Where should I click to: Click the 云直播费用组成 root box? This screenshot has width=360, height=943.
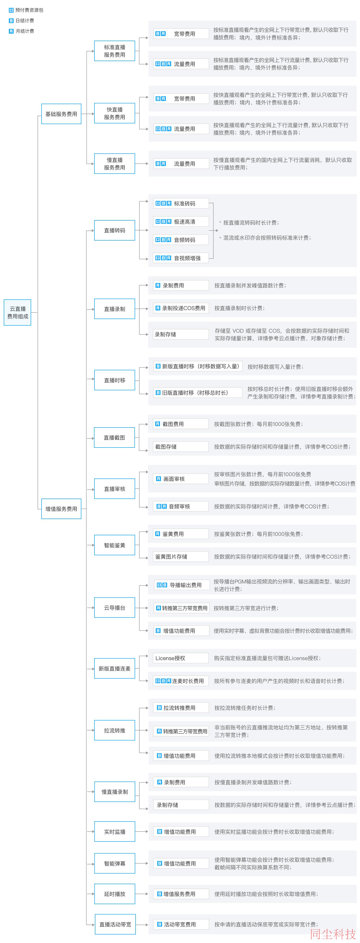pos(18,312)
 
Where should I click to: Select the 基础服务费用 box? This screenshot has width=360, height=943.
pos(61,114)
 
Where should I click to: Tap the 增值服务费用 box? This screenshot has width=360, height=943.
pos(61,508)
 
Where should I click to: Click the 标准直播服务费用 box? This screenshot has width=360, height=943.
pos(115,51)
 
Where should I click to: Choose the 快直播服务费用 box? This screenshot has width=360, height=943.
pos(115,113)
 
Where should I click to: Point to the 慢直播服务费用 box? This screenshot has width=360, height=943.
pos(115,164)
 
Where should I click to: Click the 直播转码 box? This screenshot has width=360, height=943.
pos(115,230)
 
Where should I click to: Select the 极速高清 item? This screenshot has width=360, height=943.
pos(181,221)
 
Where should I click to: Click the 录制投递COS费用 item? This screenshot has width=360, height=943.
pos(181,308)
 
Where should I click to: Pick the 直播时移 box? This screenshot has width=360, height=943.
pos(115,380)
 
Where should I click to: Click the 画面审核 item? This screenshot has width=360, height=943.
pos(181,478)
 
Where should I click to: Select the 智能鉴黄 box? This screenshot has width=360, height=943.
pos(115,545)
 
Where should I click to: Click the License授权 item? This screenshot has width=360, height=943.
pos(181,658)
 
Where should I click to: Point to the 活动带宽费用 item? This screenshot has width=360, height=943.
pos(181,924)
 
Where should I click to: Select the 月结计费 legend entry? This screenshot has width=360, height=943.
pos(22,31)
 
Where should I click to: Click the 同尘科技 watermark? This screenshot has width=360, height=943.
pos(333,934)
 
